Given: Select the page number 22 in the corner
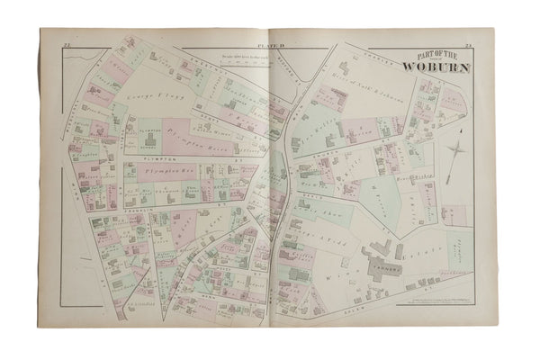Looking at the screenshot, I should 68,43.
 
